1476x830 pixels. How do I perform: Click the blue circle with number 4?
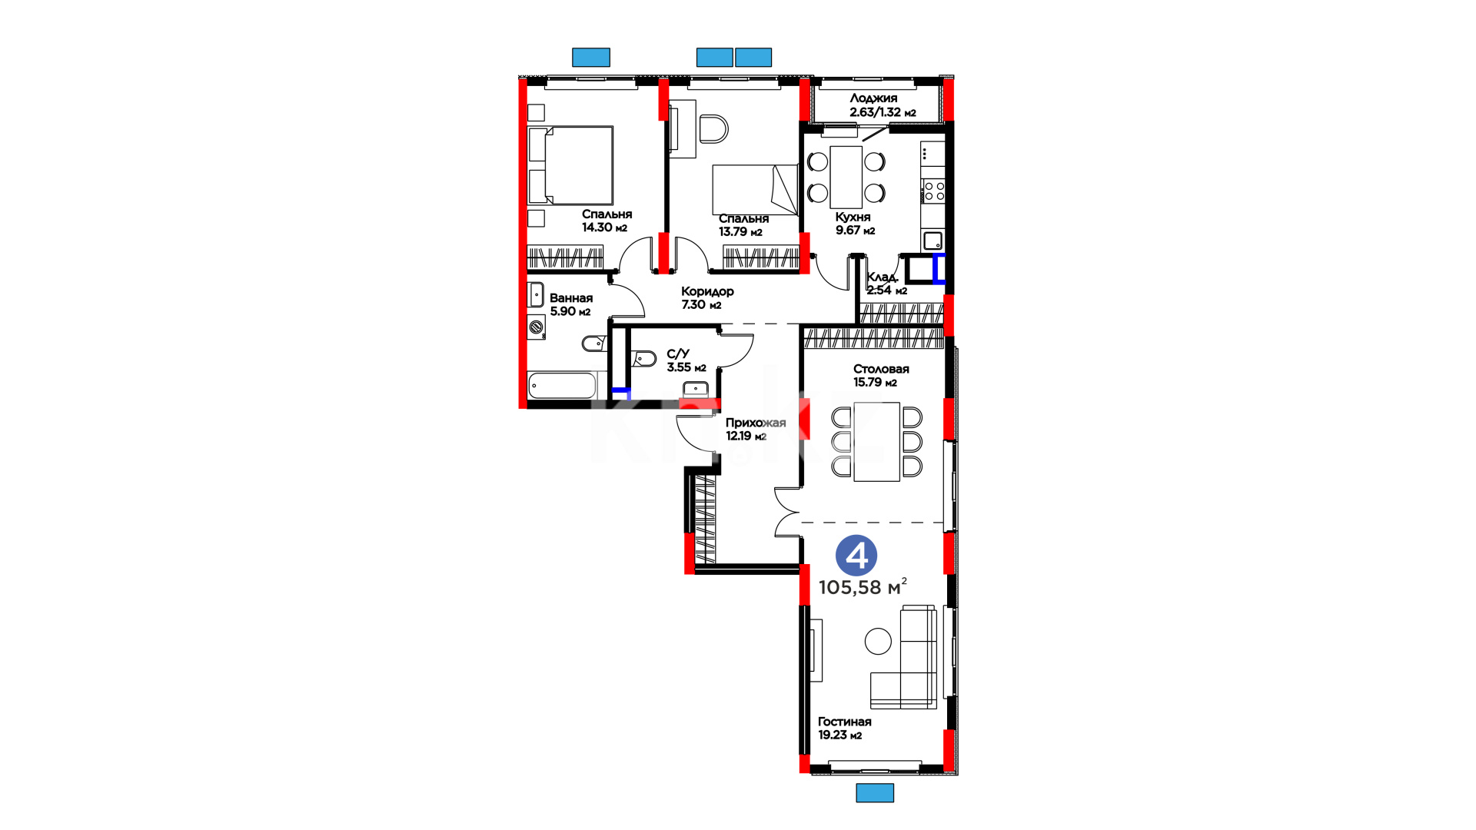856,556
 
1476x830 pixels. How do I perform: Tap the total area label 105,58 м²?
863,587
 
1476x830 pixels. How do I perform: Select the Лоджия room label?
873,98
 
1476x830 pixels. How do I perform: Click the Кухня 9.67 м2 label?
855,224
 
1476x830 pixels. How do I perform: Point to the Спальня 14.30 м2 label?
607,221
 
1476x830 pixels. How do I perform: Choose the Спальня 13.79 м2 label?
743,225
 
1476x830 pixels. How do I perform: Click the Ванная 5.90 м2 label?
571,304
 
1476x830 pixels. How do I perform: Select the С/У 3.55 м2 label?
686,360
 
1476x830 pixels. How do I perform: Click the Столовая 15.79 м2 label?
881,375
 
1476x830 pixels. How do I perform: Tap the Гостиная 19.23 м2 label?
844,728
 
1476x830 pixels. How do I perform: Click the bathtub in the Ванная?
562,386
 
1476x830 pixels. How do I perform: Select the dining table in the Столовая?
876,442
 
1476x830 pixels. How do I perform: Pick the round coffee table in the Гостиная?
878,641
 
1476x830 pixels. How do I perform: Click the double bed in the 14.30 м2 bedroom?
570,165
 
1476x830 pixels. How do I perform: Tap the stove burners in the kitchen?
933,191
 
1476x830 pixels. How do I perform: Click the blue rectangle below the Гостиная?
875,793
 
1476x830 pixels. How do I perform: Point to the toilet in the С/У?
643,358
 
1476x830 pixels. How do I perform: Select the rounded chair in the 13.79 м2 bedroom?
713,129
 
